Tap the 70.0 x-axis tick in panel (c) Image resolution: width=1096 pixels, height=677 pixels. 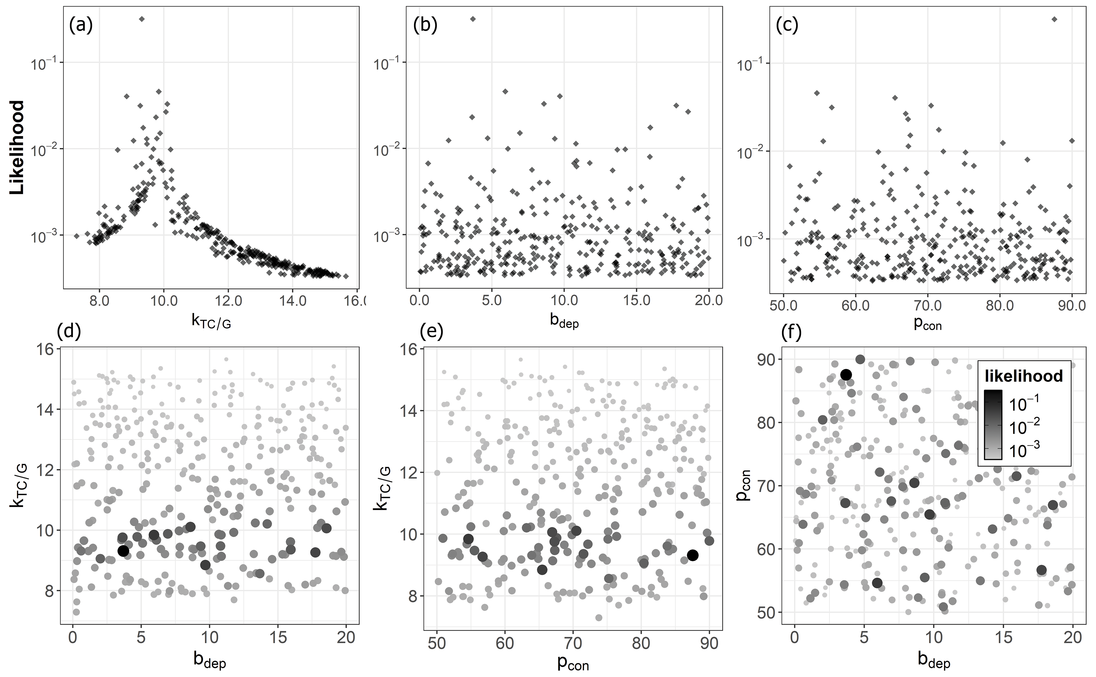(x=927, y=306)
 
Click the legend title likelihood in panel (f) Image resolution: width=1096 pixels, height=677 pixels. (x=1024, y=376)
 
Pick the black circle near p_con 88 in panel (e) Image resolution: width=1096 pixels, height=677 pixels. (x=693, y=555)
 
